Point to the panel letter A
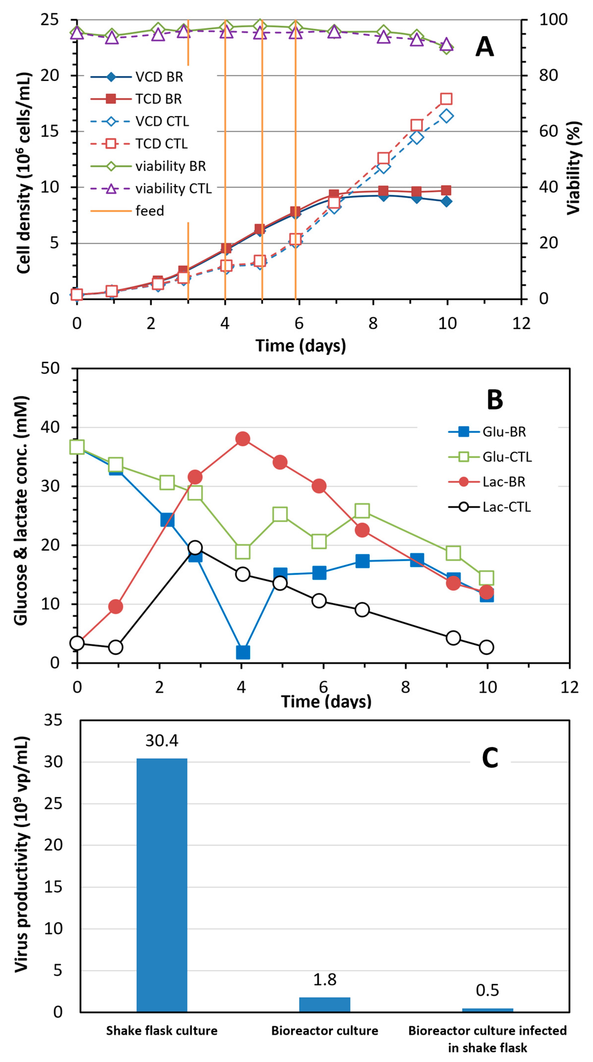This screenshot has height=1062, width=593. pos(485,47)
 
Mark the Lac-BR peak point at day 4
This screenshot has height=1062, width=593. pos(242,439)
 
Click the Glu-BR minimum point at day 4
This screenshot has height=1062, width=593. pos(242,652)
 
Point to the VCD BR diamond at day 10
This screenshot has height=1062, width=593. pos(446,201)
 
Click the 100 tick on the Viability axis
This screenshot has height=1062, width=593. pos(553,19)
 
